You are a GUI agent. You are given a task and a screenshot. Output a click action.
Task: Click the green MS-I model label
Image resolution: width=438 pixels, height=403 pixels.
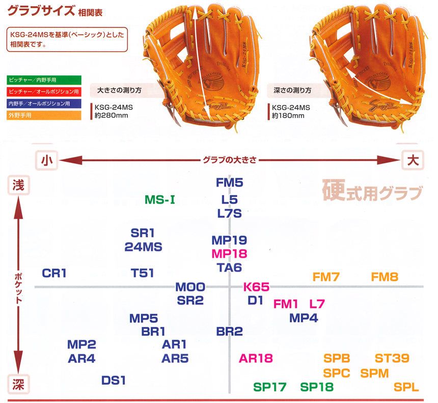(x=160, y=200)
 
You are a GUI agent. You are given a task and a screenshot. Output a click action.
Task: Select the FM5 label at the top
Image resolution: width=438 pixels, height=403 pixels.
(x=230, y=183)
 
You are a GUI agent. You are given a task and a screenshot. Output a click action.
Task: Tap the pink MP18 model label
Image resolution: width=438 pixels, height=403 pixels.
(x=229, y=254)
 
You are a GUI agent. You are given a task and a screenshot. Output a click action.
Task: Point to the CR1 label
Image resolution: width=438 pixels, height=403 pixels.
(x=54, y=273)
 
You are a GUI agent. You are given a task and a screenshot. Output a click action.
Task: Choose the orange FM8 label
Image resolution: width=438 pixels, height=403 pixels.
(x=385, y=277)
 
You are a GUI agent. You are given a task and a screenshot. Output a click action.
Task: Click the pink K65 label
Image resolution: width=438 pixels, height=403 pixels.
(x=256, y=287)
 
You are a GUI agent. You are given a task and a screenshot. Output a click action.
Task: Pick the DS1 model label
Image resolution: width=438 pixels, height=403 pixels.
(x=114, y=381)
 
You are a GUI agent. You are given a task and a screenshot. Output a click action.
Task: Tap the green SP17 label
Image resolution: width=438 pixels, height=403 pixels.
(x=270, y=387)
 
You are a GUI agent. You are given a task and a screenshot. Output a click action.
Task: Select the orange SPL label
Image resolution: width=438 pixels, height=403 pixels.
(x=406, y=387)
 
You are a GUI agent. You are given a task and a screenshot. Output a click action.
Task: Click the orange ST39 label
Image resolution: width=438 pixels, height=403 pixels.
(x=392, y=358)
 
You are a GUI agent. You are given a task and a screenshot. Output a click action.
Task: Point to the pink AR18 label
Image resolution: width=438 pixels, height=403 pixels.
(x=256, y=358)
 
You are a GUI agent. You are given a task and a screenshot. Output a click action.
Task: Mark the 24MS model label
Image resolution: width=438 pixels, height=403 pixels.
(x=143, y=247)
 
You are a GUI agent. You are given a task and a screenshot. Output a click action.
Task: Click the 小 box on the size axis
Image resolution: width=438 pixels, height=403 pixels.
(x=46, y=160)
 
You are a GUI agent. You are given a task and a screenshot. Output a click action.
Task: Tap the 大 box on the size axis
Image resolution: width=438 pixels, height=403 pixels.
(x=413, y=160)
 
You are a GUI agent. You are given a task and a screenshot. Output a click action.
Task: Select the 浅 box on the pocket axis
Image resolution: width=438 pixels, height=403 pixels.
(x=18, y=185)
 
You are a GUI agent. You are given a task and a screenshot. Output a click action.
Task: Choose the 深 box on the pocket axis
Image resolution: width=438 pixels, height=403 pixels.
(x=18, y=385)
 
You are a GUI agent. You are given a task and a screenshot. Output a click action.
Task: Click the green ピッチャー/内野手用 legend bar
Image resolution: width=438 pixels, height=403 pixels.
(x=44, y=80)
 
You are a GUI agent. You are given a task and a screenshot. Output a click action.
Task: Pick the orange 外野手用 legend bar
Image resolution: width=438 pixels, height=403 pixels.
(x=44, y=115)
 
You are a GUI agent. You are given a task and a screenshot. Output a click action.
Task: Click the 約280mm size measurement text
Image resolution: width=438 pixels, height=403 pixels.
(x=111, y=116)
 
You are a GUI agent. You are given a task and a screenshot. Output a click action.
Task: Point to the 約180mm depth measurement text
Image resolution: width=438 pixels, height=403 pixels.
(x=288, y=116)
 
